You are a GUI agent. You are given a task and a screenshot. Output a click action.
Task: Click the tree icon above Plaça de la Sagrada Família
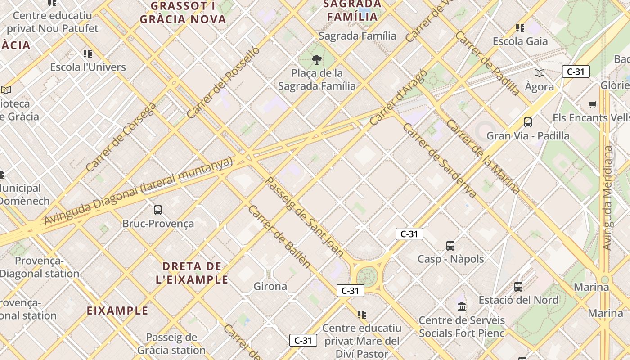[x=317, y=59]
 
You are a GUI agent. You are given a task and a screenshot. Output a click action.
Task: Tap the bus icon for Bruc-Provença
[x=158, y=210]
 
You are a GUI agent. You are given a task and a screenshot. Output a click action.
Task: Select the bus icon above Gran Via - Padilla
[x=527, y=122]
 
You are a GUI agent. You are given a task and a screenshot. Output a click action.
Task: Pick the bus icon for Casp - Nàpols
[x=450, y=245]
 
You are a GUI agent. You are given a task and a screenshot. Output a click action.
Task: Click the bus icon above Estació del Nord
[x=518, y=286]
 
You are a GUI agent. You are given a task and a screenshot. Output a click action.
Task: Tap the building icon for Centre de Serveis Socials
[x=462, y=307]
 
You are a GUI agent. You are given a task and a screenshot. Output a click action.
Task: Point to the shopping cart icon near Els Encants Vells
[x=593, y=104]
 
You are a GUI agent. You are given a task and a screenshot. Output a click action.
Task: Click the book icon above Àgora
[x=539, y=73]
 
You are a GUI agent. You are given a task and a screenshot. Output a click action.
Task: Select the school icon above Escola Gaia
[x=520, y=28]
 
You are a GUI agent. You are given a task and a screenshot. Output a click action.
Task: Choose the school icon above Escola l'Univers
[x=88, y=54]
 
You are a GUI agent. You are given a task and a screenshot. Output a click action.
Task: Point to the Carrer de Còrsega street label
[x=121, y=137]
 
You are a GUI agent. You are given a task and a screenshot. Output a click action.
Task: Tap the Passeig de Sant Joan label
[x=304, y=217]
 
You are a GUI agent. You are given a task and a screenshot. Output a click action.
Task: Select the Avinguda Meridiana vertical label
[x=607, y=198]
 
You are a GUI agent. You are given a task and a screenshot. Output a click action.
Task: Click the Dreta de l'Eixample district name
[x=192, y=272]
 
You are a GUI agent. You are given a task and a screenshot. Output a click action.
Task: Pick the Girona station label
[x=270, y=286]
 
